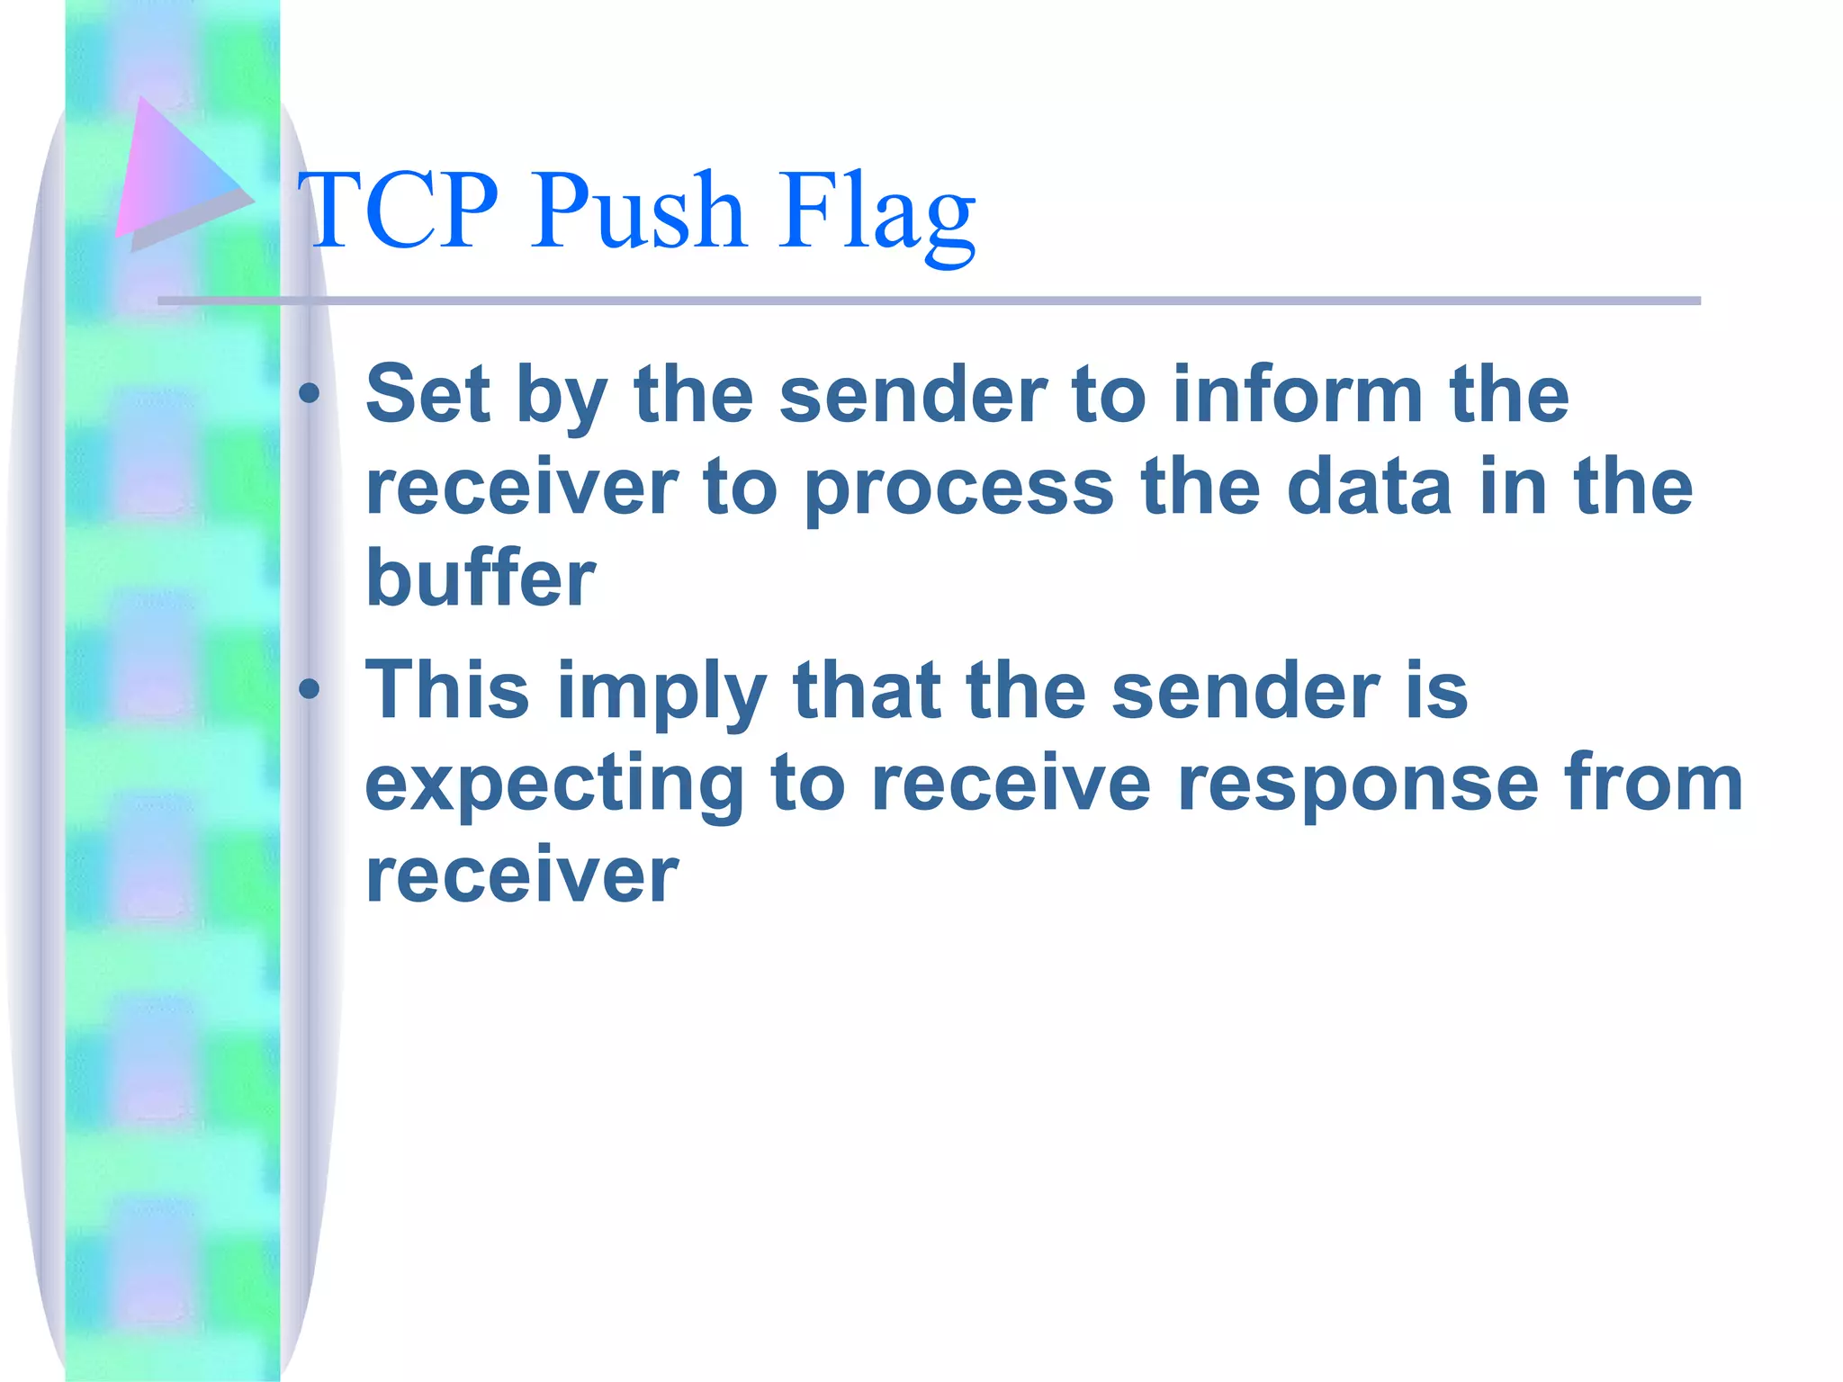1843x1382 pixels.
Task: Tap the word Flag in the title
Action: point(877,214)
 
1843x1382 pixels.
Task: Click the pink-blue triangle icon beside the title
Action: point(175,175)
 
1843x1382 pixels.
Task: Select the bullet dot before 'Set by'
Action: point(310,393)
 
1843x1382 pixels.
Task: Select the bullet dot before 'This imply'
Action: point(310,689)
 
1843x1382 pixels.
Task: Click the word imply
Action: point(661,694)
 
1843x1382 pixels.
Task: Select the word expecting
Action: point(554,785)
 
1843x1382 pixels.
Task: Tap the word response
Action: point(1358,785)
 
